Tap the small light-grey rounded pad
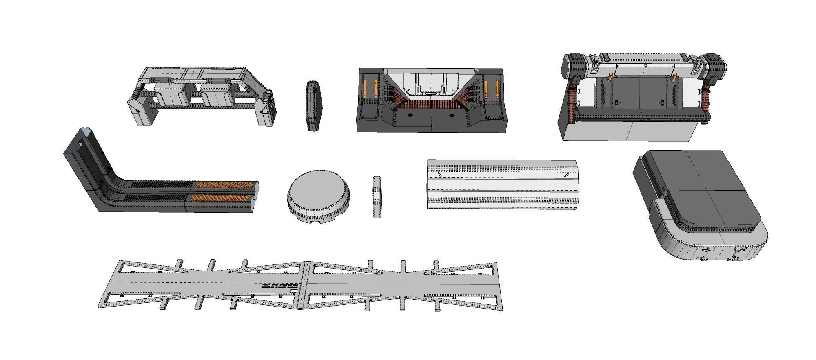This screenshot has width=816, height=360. pyautogui.click(x=377, y=197)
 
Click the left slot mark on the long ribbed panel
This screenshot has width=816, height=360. pyautogui.click(x=440, y=175)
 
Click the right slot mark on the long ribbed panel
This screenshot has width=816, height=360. pyautogui.click(x=566, y=175)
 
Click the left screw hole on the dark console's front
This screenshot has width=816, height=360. pyautogui.click(x=410, y=116)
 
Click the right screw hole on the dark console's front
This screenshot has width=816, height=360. pyautogui.click(x=452, y=116)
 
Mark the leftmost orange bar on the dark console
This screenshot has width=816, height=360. pyautogui.click(x=365, y=89)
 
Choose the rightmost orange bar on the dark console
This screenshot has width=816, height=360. pyautogui.click(x=497, y=89)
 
